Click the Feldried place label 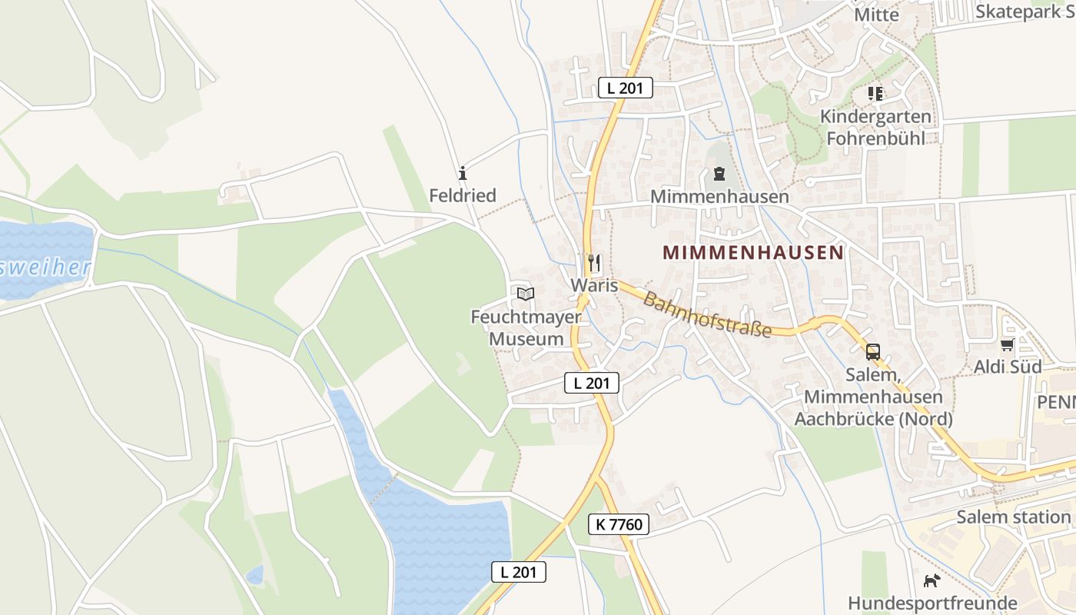click(x=463, y=195)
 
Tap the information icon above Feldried click(x=463, y=171)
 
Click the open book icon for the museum click(x=526, y=293)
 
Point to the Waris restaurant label click(x=594, y=285)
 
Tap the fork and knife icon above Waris click(x=593, y=264)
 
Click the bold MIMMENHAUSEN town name click(x=753, y=252)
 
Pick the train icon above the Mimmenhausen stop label click(x=719, y=174)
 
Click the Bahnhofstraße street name click(x=707, y=314)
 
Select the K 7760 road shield click(x=619, y=525)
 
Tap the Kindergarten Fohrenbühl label click(x=876, y=128)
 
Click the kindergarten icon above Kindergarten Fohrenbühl click(x=875, y=94)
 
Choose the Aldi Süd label click(x=1008, y=367)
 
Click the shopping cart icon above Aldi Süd click(x=1008, y=344)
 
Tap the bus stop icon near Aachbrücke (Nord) click(x=873, y=352)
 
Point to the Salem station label click(x=1014, y=517)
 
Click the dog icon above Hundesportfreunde click(x=932, y=580)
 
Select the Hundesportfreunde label click(x=932, y=603)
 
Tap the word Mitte click(x=876, y=15)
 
